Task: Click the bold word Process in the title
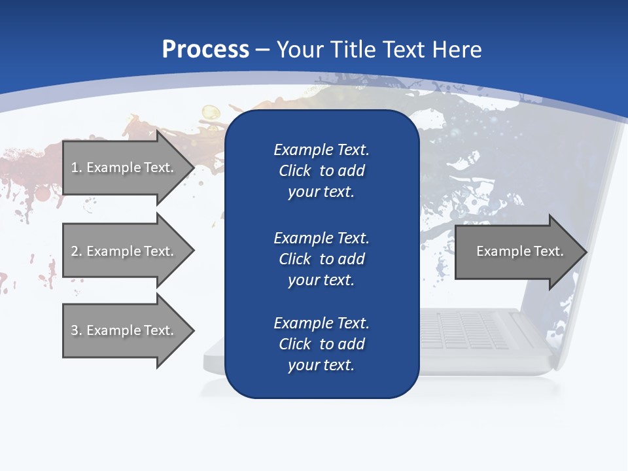pos(205,50)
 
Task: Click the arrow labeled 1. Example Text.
pos(124,167)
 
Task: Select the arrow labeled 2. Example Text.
pos(124,251)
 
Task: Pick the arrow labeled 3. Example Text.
pos(124,330)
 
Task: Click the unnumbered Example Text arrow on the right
pos(517,252)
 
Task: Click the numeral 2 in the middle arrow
pos(75,251)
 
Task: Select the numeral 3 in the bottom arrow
pos(75,330)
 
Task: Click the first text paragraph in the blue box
pos(321,171)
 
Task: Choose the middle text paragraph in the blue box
pos(321,259)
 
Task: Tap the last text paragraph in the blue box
pos(321,344)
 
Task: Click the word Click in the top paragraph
pos(294,171)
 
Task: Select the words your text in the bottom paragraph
pos(321,365)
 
